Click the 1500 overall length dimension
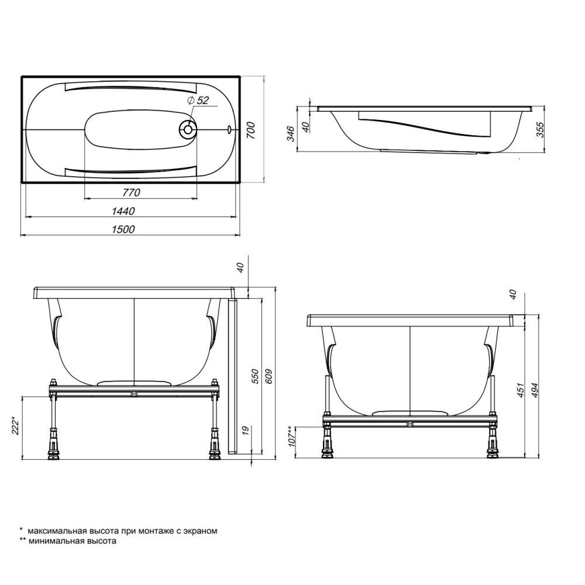[123, 229]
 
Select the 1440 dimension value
[123, 211]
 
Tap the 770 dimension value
[132, 192]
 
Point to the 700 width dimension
[251, 130]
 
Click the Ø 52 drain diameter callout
[198, 100]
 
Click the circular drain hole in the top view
[188, 129]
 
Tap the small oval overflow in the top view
[229, 129]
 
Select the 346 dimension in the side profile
[291, 134]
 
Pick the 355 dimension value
[541, 129]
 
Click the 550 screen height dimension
[255, 377]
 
